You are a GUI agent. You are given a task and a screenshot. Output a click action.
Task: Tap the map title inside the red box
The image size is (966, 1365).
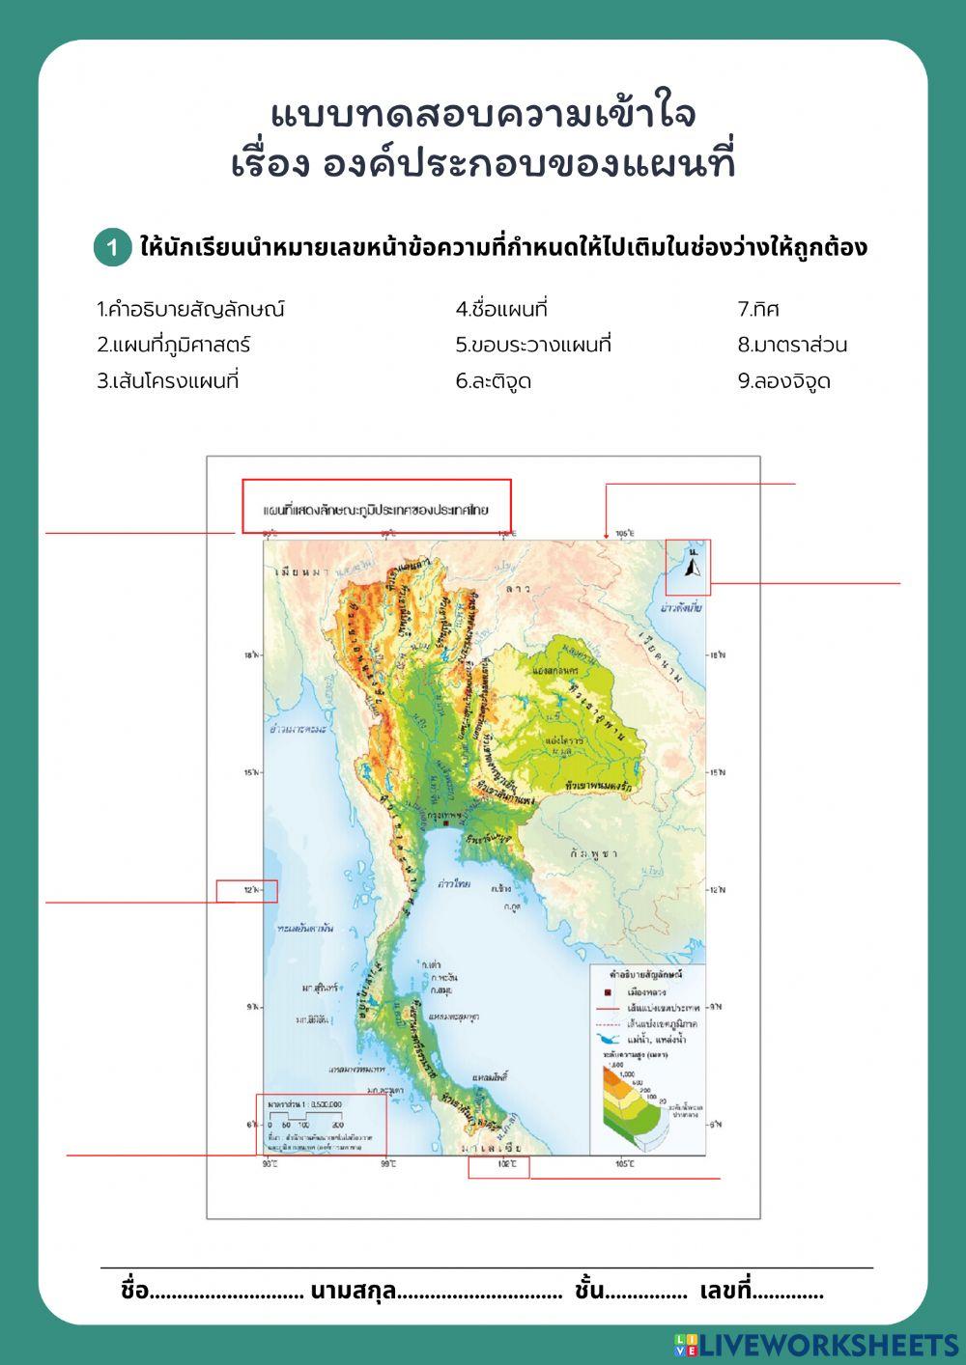[x=376, y=508]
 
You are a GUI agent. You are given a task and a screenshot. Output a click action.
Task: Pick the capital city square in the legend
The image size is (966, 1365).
[x=608, y=992]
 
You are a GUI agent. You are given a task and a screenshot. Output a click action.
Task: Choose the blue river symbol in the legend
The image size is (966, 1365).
[x=608, y=1040]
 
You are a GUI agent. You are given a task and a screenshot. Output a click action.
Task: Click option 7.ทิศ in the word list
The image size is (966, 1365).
[x=758, y=310]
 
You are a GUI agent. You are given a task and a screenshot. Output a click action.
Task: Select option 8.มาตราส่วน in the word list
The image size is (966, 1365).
[x=792, y=345]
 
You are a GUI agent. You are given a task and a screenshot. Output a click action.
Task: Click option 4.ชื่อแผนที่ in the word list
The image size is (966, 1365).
[x=501, y=310]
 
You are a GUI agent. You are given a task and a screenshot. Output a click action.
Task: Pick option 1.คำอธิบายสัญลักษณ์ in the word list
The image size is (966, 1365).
[x=190, y=310]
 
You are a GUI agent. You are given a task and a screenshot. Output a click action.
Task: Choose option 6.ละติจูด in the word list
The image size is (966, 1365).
[x=494, y=381]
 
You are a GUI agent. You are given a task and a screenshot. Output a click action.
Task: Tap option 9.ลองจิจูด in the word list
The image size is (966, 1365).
[x=783, y=381]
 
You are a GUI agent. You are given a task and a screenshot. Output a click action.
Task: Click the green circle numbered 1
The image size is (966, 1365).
[x=112, y=248]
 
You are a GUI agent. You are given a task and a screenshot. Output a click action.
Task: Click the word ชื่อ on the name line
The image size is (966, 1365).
[x=134, y=1291]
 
